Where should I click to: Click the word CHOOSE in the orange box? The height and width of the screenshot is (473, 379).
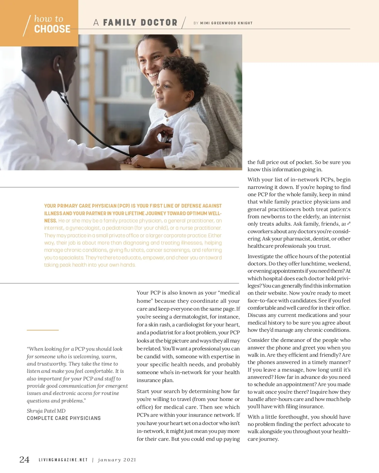52,29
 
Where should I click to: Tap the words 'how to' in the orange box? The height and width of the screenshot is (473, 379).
49,19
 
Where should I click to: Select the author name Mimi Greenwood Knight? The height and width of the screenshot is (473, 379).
226,23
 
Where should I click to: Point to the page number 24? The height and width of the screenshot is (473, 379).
24,459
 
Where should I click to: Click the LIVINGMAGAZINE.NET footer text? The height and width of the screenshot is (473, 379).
63,460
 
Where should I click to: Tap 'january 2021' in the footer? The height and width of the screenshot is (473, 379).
117,460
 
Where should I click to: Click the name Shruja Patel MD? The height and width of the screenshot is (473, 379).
46,411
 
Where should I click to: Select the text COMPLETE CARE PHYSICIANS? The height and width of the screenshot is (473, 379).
64,418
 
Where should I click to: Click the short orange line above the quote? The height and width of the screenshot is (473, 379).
43,330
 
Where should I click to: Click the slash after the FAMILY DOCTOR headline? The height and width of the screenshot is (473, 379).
183,22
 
